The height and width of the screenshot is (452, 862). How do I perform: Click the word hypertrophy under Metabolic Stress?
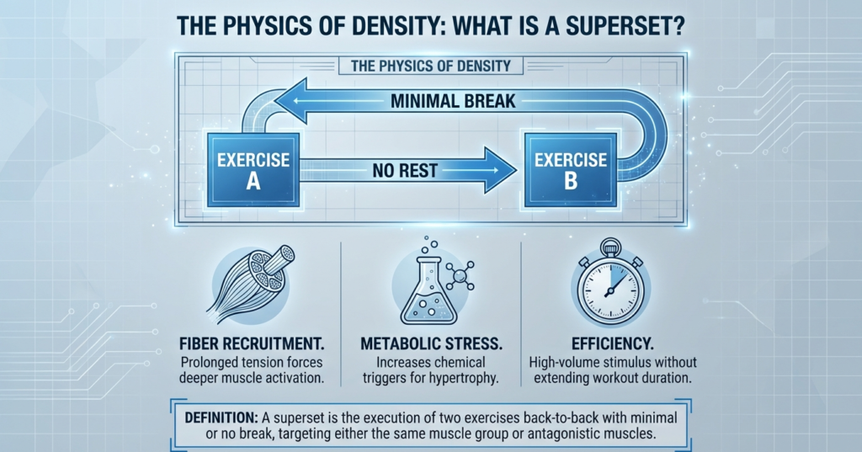pos(466,377)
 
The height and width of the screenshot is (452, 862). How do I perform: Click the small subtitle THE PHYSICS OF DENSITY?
pos(429,65)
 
